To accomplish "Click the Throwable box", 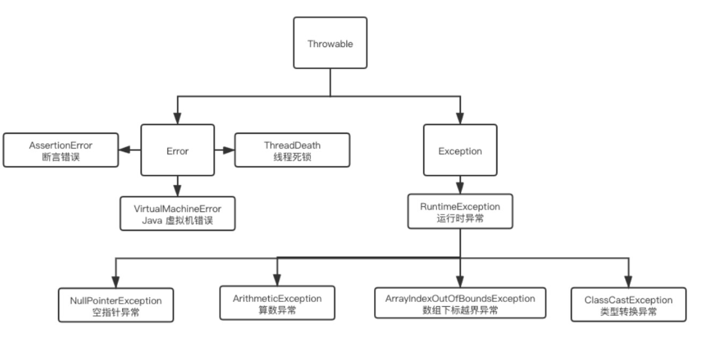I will coord(330,43).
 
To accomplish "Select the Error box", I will coord(177,150).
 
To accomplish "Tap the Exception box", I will coord(460,150).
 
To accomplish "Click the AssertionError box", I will coord(61,150).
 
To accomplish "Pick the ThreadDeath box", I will coord(292,150).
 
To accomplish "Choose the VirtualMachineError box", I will coord(177,213).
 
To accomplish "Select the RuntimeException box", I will coord(460,211).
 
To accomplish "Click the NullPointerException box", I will coord(116,305).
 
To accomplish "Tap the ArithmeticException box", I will coord(277,303).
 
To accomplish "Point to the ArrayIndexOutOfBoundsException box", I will coord(460,303).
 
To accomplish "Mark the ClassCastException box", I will coord(628,304).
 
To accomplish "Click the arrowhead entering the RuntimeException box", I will coord(460,189).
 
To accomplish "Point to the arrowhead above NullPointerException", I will coord(116,283).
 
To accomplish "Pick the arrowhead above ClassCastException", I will coord(628,282).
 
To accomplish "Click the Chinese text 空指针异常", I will coord(116,312).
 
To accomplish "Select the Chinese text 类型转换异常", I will coord(628,311).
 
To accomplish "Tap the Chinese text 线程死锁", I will coord(292,157).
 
